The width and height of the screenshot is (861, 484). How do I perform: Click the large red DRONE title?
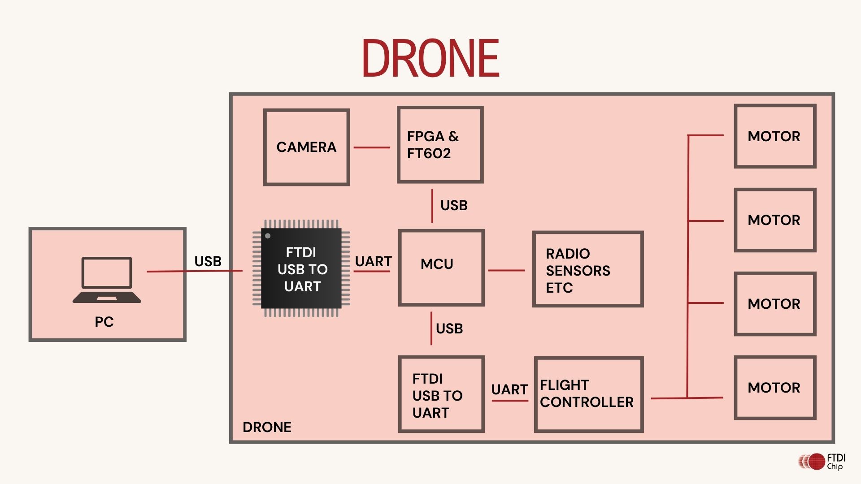point(430,58)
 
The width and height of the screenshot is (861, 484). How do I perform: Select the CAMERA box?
point(306,147)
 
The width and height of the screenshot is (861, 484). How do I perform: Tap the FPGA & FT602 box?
point(440,145)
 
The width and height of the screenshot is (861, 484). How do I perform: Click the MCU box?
point(441,268)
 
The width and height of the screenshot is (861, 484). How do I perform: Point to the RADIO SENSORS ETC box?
point(587,269)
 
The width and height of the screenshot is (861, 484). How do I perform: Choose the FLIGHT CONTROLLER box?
point(588,394)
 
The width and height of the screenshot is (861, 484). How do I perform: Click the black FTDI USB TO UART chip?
point(301,269)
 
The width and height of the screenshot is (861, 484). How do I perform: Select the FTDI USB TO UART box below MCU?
point(441,394)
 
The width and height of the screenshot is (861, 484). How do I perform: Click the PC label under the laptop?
point(104,322)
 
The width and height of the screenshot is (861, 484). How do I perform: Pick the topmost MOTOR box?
point(774,136)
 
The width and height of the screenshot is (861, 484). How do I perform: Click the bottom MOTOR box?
point(774,388)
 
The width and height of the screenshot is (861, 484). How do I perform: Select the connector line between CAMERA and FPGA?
point(372,147)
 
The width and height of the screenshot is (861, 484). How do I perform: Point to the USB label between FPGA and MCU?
point(454,205)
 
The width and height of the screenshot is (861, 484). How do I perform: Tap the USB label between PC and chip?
point(208,261)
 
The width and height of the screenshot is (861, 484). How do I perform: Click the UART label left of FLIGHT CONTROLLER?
point(509,389)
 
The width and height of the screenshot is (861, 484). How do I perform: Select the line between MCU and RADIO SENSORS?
point(506,270)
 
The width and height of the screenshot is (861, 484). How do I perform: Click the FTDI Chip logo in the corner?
point(822,462)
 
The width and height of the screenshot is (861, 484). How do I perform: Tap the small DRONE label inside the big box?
point(267,427)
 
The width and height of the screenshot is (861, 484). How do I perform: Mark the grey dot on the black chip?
point(268,236)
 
